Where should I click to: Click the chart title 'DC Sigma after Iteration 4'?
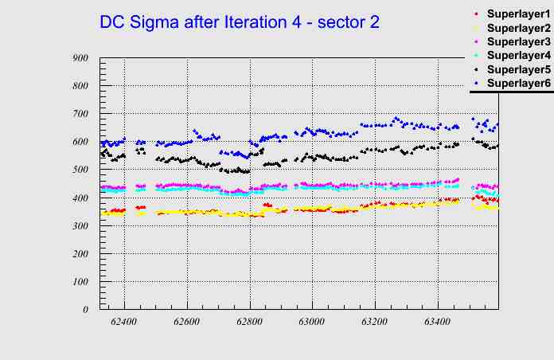[240, 23]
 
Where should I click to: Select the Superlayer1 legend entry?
[518, 15]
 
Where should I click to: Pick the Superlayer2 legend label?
[518, 29]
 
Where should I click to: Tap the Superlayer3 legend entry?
[518, 42]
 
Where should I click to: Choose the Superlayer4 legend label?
[518, 56]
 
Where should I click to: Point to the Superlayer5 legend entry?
[518, 69]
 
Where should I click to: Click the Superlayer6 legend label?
[518, 83]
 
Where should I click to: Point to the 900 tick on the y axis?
[80, 57]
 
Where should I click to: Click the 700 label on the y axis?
[80, 114]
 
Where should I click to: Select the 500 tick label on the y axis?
[80, 170]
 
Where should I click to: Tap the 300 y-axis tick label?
[80, 225]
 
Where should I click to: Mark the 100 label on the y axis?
[80, 282]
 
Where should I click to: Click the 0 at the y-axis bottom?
[85, 310]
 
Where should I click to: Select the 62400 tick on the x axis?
[124, 322]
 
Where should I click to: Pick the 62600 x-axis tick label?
[187, 322]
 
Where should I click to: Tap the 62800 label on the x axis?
[249, 322]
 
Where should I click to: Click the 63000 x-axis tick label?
[312, 322]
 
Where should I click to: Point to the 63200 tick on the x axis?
[375, 322]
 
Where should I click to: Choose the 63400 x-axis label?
[438, 322]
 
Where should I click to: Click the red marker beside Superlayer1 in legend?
[476, 14]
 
